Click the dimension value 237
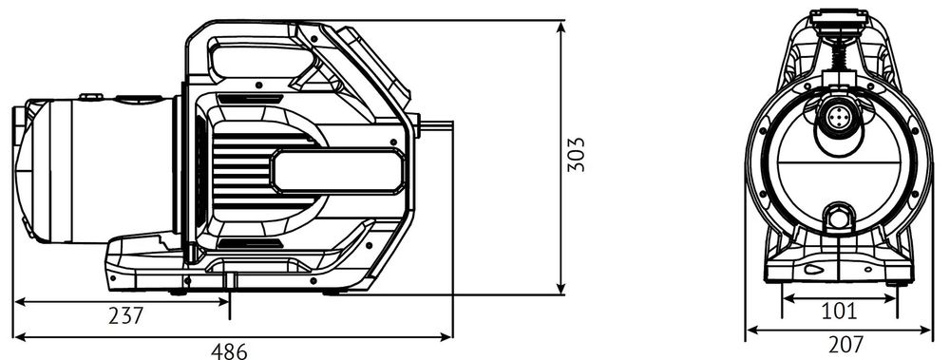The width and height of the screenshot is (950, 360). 125,315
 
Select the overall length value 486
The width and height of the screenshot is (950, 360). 229,351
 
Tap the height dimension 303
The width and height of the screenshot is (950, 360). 577,155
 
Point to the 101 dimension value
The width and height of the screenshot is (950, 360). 839,312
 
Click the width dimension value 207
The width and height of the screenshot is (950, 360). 845,345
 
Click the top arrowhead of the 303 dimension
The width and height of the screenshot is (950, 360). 561,28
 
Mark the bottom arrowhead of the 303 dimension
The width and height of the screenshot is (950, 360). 561,288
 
